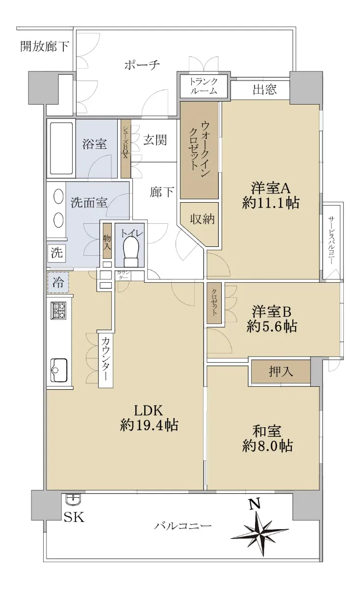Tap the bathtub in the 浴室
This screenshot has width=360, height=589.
point(61,149)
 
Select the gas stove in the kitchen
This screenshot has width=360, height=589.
point(59,311)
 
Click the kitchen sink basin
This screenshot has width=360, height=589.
point(59,370)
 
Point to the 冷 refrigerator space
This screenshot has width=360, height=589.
point(58,283)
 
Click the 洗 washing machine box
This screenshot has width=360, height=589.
point(57,253)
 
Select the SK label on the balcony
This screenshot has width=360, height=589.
point(75,517)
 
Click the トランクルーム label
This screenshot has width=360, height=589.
point(204,86)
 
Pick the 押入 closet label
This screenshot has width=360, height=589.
point(281,372)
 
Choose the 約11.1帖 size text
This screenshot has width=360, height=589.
point(271,203)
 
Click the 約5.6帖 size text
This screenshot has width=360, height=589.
point(272,326)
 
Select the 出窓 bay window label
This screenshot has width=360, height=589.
point(265,89)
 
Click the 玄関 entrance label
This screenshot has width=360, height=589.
point(155,140)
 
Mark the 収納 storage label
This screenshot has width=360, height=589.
point(203,218)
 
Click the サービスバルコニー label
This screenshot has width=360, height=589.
point(332,241)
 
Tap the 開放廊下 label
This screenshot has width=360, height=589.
point(45,46)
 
